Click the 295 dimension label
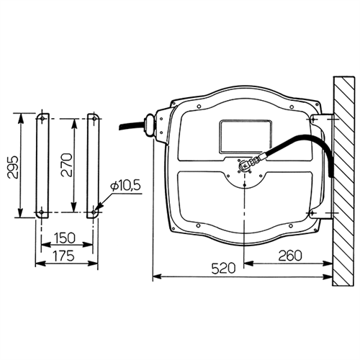point(12,167)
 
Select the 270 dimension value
point(66,165)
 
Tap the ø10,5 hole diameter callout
point(125,186)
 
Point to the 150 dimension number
point(65,238)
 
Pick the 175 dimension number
point(63,256)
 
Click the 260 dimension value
point(289,256)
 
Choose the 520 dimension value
point(223,268)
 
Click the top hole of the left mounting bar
point(42,119)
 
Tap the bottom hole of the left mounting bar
point(41,212)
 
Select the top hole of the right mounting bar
point(94,119)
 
